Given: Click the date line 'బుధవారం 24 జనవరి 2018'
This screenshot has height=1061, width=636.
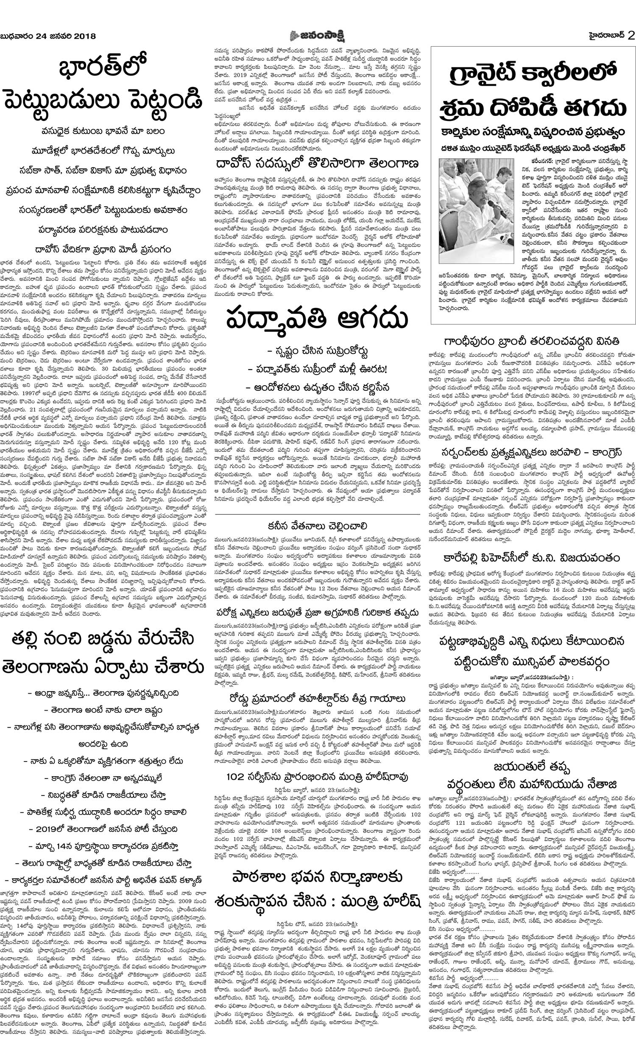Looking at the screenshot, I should click(x=48, y=36).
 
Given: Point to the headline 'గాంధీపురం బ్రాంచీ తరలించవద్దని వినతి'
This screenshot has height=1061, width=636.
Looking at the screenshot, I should click(x=531, y=341).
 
